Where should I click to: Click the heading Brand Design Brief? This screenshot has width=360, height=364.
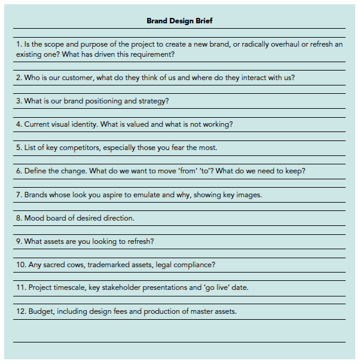coord(179,21)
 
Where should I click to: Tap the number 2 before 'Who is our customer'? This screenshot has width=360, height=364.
coord(19,78)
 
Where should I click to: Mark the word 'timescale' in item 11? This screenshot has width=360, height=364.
coord(70,287)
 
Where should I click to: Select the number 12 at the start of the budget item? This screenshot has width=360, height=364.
coord(20,311)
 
